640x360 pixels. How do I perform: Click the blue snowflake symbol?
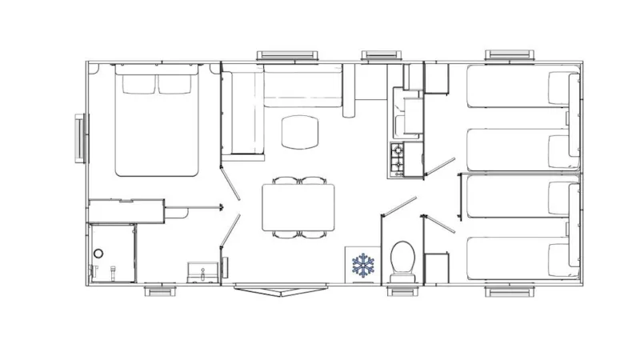pos(364,266)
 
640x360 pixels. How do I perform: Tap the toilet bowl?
pos(402,260)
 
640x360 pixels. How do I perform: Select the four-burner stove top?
pos(396,159)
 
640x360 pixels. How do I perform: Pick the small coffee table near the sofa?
pos(300,131)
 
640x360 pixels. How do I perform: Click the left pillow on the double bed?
pos(138,83)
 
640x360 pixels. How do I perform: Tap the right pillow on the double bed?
pos(178,83)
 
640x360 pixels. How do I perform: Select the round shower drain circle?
pos(98,254)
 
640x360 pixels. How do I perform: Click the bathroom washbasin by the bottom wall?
pos(199,272)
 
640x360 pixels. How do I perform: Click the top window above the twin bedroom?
pos(509,55)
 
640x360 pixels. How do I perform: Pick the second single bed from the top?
pos(522,149)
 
